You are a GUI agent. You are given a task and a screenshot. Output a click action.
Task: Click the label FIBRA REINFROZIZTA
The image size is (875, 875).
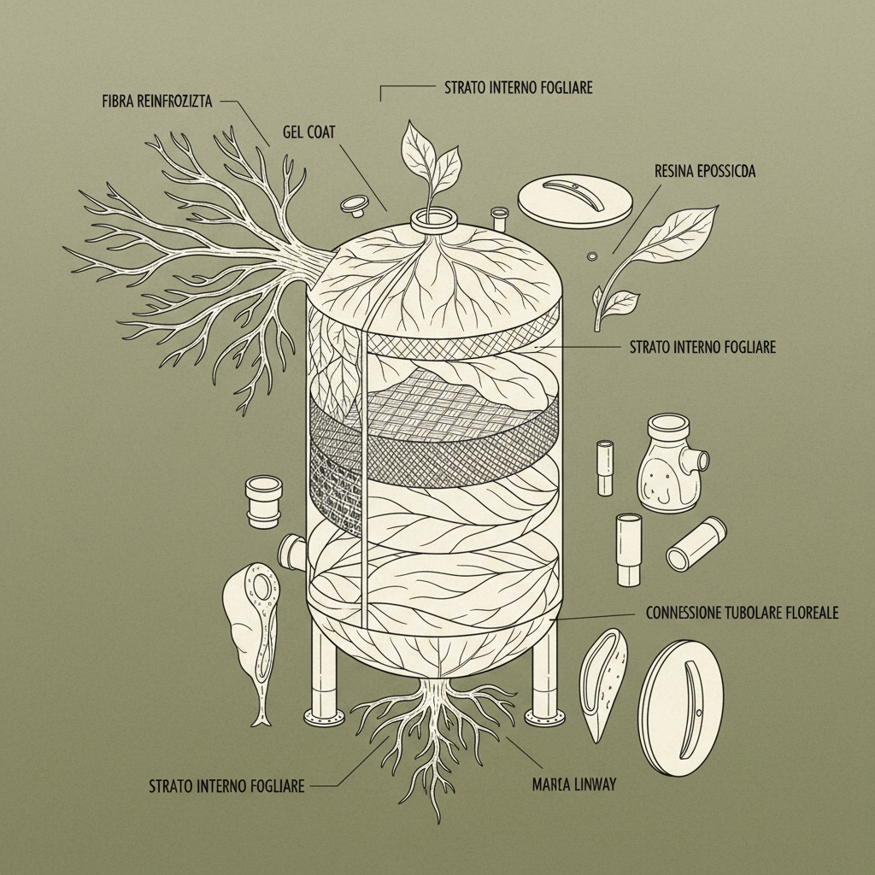[157, 101]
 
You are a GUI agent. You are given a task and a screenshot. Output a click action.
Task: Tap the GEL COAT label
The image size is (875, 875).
[308, 132]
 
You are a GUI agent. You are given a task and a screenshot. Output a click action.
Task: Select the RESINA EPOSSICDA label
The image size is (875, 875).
[705, 171]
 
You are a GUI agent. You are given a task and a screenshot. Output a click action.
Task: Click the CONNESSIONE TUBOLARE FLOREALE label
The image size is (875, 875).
[742, 612]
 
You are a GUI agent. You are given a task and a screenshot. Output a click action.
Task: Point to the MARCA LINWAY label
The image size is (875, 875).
[573, 784]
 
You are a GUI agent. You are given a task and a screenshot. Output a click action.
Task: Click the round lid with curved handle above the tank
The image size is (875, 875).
[575, 201]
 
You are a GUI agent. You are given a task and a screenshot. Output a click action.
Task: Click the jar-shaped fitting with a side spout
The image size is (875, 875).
[672, 463]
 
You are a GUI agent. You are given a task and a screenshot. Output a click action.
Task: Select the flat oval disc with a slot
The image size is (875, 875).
[680, 708]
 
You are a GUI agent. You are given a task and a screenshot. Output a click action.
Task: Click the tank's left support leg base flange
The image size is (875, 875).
[324, 716]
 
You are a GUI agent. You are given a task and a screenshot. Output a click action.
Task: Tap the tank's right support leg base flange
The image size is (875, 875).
[544, 716]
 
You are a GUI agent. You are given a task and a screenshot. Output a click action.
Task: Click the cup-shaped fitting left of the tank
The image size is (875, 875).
[263, 501]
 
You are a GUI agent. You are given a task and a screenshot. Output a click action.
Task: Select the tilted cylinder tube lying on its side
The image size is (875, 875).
[696, 543]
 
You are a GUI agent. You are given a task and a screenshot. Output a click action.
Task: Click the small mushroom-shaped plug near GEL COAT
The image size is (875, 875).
[355, 205]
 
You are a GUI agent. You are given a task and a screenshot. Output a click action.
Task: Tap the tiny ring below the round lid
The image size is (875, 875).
[592, 256]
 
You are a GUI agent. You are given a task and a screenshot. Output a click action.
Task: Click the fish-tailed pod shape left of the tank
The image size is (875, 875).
[251, 636]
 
